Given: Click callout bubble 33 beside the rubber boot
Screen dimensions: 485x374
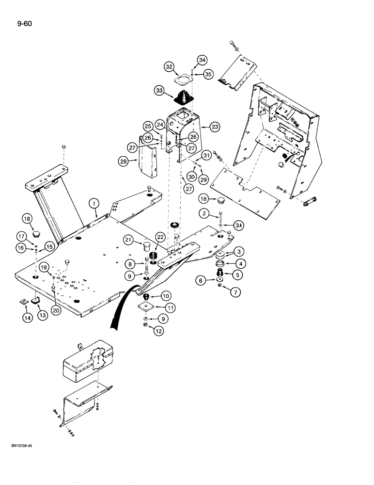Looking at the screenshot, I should coord(159,90).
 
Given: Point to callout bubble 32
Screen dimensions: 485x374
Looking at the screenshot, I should coord(169,66).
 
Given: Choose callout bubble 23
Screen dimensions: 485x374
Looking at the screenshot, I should coord(215,127).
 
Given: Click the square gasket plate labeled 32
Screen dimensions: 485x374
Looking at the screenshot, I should coord(183,78).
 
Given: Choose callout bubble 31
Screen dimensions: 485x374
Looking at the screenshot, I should coord(207,155).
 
